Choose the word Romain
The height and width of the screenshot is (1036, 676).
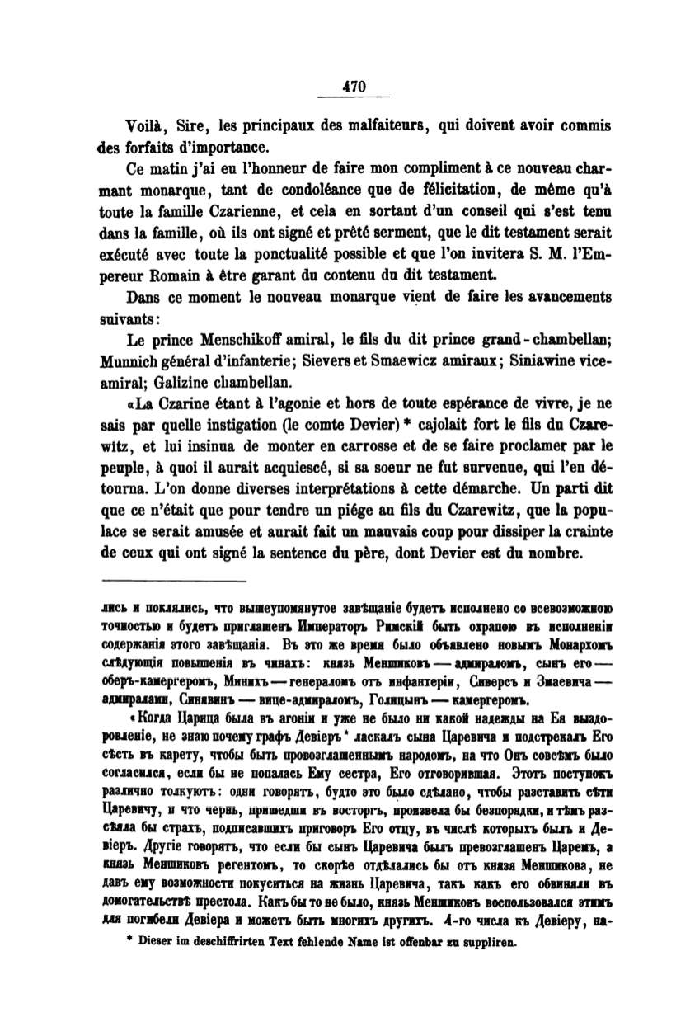(185, 277)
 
